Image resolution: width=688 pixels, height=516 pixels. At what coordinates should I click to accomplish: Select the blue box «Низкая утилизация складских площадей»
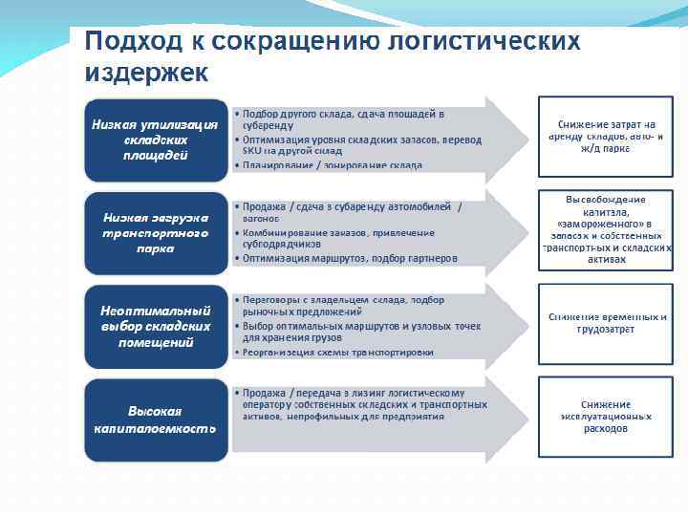[x=156, y=140]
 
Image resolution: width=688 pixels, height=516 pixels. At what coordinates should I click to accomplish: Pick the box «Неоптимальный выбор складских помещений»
[x=156, y=326]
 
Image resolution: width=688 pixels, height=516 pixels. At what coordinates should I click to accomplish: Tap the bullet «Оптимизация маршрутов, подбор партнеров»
[x=350, y=258]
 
